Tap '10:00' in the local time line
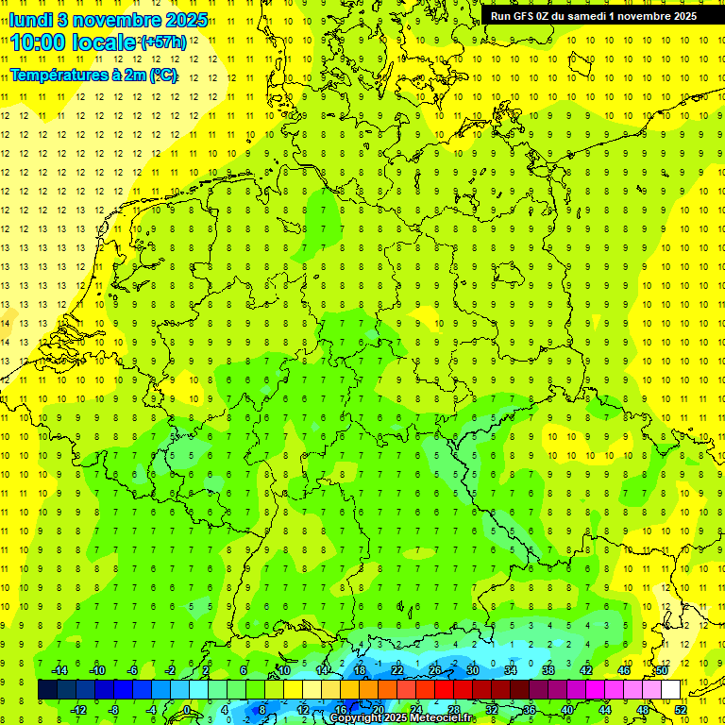point(39,42)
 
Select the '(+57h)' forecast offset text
point(162,42)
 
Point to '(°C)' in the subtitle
point(161,75)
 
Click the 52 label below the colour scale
point(681,710)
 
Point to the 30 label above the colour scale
point(473,669)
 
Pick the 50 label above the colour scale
point(662,669)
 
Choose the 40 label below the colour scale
point(567,710)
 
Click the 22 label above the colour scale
point(397,669)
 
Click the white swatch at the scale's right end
point(670,690)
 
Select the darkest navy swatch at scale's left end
point(47,690)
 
